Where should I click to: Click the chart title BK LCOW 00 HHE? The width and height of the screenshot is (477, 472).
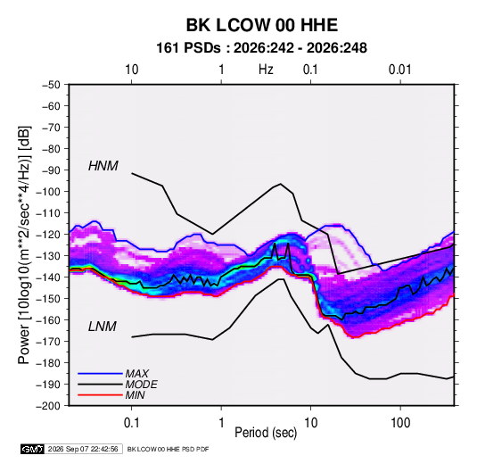point(261,25)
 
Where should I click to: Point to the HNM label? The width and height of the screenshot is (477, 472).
point(103,166)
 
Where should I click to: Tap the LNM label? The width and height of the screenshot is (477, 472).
point(103,327)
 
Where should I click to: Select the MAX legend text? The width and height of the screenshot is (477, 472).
point(137,374)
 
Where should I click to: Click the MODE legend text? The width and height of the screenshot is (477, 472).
point(142,385)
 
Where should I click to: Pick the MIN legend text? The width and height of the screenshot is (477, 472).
point(135,395)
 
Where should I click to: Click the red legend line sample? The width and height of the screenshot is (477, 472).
point(100,395)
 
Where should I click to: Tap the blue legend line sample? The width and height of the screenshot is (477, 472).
point(100,374)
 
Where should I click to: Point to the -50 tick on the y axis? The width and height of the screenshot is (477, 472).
point(51,85)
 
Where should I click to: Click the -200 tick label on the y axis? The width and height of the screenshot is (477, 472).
point(48,406)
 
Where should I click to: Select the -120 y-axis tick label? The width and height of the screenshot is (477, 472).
point(48,235)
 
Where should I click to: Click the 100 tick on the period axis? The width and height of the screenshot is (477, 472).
point(400,423)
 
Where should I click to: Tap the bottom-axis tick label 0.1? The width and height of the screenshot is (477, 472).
point(131,423)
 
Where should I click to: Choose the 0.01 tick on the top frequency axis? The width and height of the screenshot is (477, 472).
point(399,70)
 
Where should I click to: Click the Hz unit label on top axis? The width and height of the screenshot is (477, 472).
point(266,70)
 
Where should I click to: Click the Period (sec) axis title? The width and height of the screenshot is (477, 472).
point(266,433)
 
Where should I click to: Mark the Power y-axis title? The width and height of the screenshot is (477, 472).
point(24,245)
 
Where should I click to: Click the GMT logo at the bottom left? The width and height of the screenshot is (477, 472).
point(33,449)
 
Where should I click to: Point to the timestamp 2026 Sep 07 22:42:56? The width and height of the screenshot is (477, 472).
point(83,449)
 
